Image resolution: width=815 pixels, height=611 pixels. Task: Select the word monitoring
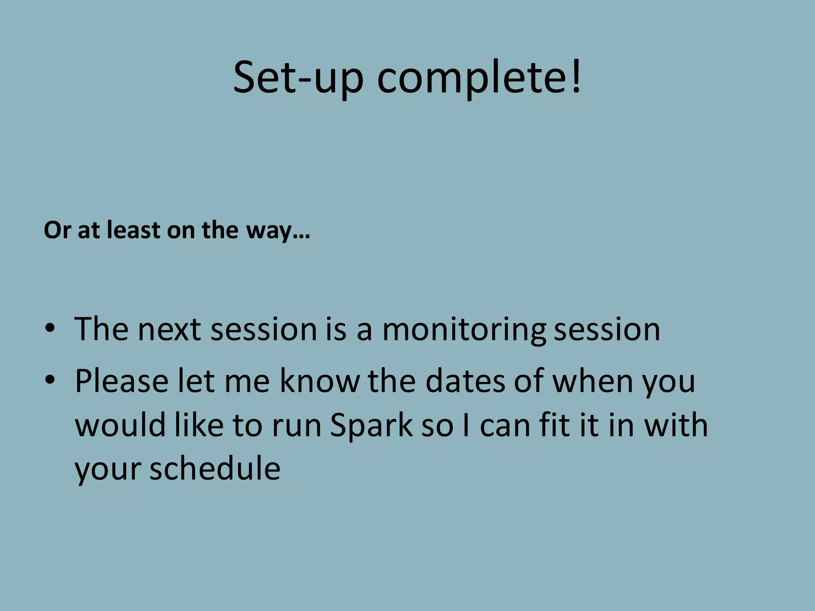464,330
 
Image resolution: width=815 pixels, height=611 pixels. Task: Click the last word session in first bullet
607,330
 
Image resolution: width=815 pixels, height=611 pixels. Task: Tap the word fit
555,425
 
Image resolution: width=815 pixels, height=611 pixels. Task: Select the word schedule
215,468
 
